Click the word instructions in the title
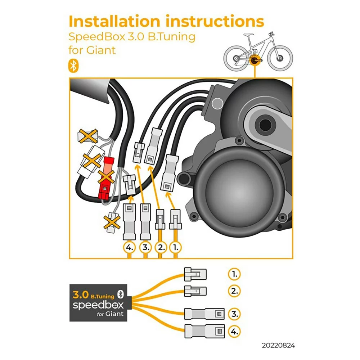[x=215, y=21]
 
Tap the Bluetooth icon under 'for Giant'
[x=73, y=66]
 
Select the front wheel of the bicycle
[x=280, y=58]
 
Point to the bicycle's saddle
[x=248, y=35]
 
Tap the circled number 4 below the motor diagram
[x=130, y=248]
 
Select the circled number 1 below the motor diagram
[x=176, y=248]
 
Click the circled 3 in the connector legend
[x=234, y=314]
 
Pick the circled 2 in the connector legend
[x=234, y=291]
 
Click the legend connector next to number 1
[x=195, y=274]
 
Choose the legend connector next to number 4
[x=204, y=331]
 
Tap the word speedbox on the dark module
[x=98, y=305]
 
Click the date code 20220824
[x=278, y=345]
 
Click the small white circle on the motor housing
[x=217, y=103]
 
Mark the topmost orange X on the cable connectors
[x=88, y=136]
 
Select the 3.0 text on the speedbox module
[x=81, y=294]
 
